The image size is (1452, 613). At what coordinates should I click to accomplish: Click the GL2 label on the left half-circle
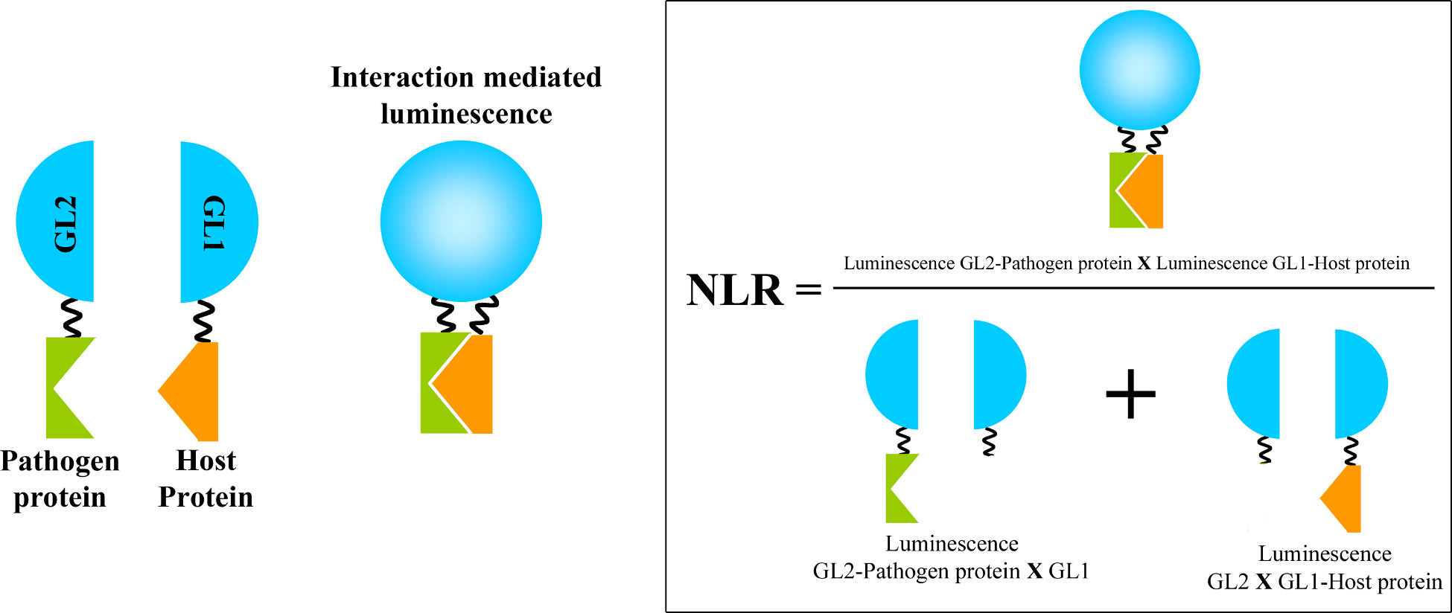(66, 223)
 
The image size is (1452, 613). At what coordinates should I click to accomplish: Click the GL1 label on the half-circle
(214, 223)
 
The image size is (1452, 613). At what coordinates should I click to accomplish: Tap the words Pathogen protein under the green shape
(60, 478)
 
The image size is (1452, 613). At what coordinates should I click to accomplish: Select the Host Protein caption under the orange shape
(206, 478)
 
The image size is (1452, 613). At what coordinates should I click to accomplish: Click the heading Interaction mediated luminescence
(466, 95)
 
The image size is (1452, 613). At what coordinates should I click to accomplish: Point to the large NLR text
(734, 290)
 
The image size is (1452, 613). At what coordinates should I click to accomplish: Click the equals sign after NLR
(809, 289)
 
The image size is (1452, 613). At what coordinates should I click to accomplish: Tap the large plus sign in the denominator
(1130, 394)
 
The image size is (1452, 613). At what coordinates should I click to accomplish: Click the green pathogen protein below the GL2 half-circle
(69, 387)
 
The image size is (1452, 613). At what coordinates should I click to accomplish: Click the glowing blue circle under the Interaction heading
(461, 221)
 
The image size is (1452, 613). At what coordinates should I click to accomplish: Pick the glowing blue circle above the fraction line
(1139, 70)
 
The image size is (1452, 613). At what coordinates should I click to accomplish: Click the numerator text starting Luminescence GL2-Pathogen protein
(1126, 263)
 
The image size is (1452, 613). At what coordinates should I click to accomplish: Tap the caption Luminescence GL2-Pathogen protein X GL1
(951, 557)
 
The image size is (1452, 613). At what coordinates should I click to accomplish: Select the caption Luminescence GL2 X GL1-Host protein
(1325, 568)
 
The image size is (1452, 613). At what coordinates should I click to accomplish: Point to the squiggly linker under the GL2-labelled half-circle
(71, 318)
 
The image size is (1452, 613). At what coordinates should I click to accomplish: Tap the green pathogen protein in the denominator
(899, 488)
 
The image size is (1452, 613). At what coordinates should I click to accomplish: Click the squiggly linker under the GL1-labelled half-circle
(203, 321)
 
